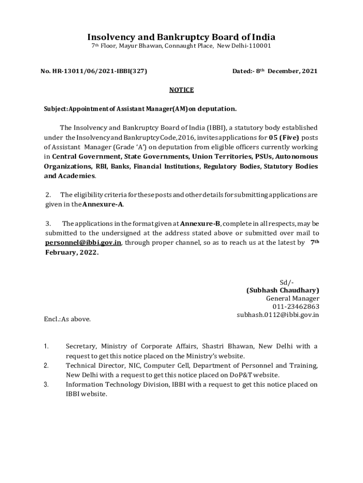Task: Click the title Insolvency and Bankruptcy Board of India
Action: coord(181,37)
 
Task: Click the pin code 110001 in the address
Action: coord(257,46)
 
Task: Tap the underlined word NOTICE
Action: coord(181,90)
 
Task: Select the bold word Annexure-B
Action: coord(200,223)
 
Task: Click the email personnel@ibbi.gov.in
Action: coord(83,242)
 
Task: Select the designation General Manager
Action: coord(292,299)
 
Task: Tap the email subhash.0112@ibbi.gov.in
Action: coord(278,315)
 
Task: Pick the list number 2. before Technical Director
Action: coord(46,366)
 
